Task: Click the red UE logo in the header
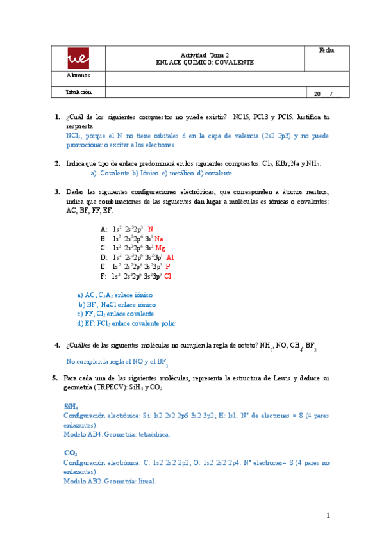coord(78,60)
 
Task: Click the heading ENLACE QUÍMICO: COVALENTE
coord(205,63)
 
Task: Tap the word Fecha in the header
coord(326,51)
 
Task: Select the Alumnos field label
coord(78,77)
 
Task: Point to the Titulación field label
coord(79,92)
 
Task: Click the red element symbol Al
coord(170,257)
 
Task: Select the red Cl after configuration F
coord(168,276)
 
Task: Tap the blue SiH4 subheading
coord(71,407)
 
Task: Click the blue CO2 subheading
coord(70,453)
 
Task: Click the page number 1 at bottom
coord(327,515)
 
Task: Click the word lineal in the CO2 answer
coord(144,481)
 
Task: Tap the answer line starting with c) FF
coord(115,314)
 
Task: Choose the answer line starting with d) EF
coord(126,324)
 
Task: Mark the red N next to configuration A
coord(151,229)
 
